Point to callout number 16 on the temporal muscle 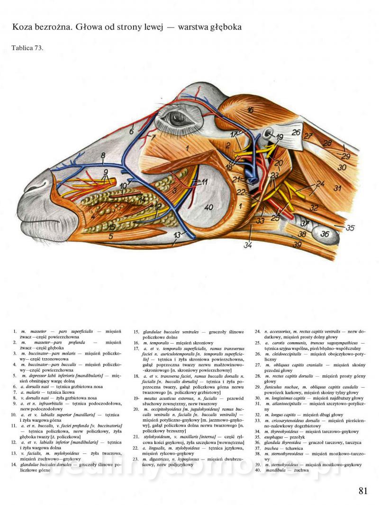250,110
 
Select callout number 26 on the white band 296,133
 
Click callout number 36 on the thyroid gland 325,234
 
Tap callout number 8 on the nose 103,155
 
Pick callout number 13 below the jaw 177,235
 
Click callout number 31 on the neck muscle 337,188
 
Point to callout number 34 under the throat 248,245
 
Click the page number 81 363,491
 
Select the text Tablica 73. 27,47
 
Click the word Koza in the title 23,27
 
